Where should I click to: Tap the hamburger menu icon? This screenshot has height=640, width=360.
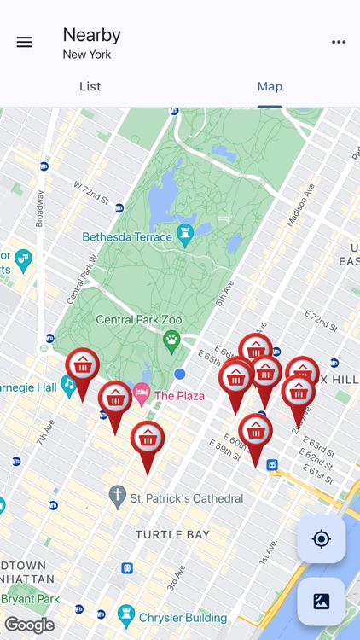click(x=25, y=42)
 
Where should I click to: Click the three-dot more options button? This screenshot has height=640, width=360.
click(x=339, y=42)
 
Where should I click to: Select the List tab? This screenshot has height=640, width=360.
click(x=90, y=86)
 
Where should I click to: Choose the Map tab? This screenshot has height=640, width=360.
click(x=270, y=86)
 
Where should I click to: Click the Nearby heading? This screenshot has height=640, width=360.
click(x=91, y=35)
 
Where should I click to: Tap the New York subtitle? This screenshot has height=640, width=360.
click(x=87, y=55)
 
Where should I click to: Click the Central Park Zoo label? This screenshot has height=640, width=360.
click(x=138, y=320)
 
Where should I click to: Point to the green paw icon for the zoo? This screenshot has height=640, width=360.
click(x=171, y=341)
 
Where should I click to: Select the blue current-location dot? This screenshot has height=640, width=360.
click(x=179, y=374)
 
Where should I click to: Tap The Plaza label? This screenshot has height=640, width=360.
click(x=179, y=396)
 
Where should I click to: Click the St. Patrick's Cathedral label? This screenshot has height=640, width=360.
click(x=186, y=497)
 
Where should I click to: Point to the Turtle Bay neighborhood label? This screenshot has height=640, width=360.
click(x=172, y=534)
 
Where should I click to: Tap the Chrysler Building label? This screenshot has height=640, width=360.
click(x=184, y=617)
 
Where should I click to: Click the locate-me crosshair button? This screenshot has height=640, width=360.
click(x=321, y=538)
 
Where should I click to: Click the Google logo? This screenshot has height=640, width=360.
click(x=29, y=625)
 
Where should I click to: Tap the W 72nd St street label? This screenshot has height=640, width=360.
click(x=91, y=192)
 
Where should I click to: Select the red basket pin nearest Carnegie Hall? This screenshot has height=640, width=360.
click(x=82, y=367)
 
